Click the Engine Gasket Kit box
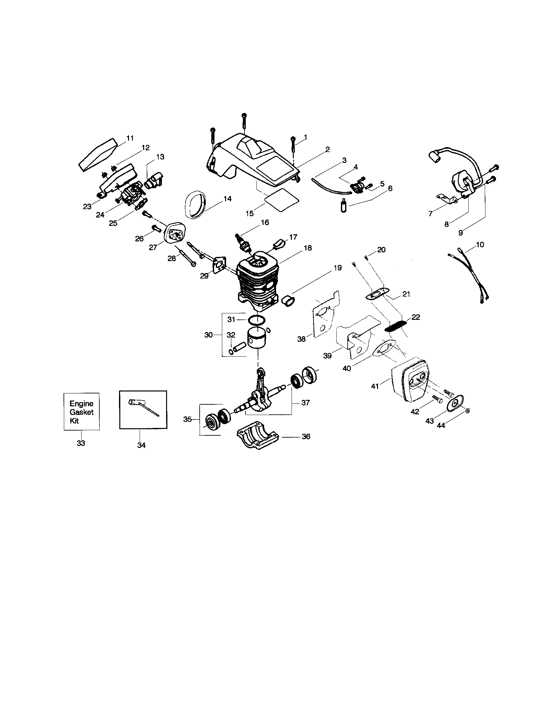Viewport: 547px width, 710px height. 82,411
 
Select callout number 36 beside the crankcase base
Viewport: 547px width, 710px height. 306,437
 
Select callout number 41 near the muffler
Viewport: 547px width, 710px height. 374,387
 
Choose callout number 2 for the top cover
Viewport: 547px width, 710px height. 327,149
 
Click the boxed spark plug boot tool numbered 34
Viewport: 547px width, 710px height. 143,410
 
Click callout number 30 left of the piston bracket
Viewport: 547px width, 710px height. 208,335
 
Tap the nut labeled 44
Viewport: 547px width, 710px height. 467,411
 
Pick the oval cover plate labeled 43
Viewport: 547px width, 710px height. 455,403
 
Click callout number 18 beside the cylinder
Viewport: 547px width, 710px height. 307,248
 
